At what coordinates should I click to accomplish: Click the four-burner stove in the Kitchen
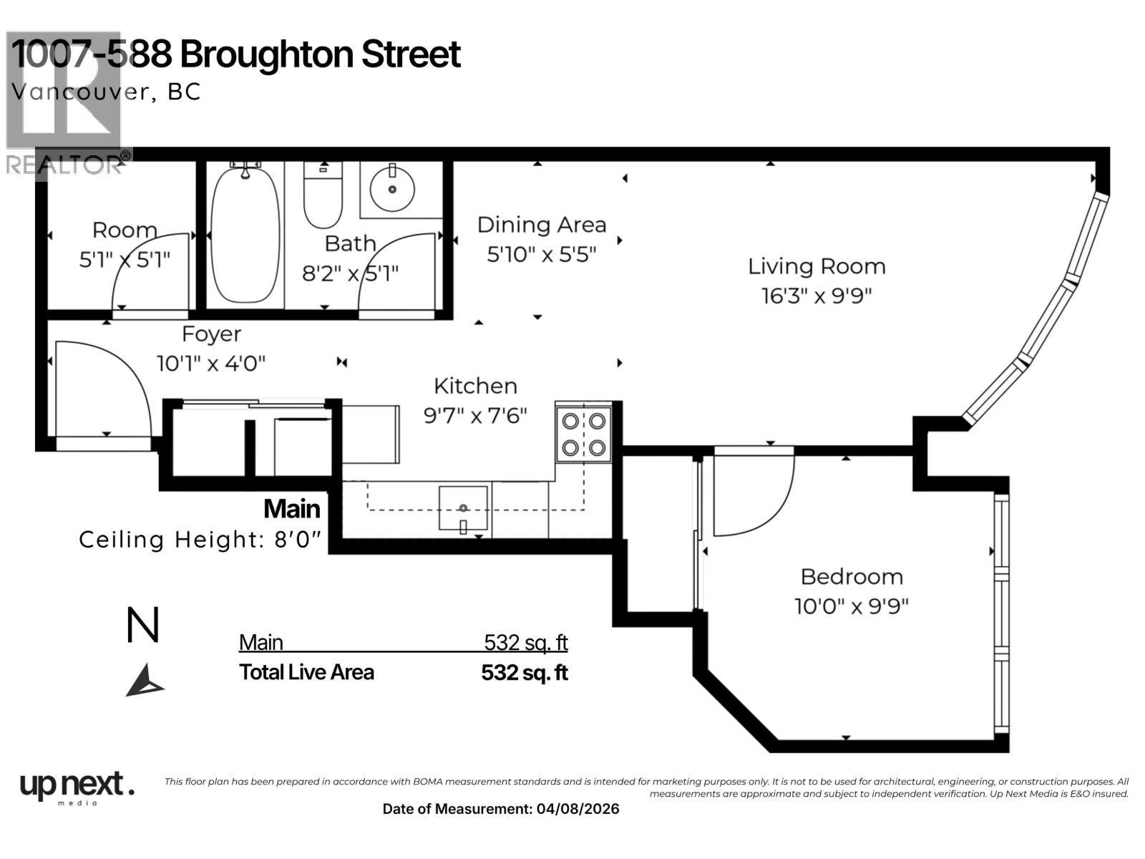click(583, 434)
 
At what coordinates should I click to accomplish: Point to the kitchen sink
click(463, 508)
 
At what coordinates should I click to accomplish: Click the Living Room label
click(817, 266)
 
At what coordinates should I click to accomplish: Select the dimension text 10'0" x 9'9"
click(851, 606)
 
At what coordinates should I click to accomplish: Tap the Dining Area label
click(541, 225)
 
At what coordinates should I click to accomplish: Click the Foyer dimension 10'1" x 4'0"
click(211, 363)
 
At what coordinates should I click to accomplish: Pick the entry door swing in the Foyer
click(100, 390)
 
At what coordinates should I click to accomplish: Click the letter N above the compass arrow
click(142, 626)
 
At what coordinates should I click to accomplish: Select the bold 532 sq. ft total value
click(524, 673)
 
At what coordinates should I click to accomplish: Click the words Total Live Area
click(306, 672)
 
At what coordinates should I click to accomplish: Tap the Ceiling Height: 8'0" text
click(200, 539)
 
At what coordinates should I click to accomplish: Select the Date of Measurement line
click(501, 809)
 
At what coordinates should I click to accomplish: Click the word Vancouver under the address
click(81, 92)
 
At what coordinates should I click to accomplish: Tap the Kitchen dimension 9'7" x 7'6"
click(475, 415)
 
